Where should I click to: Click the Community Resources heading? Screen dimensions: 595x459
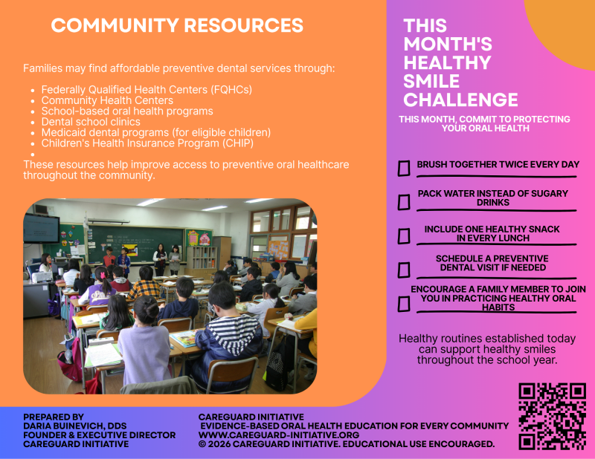[x=177, y=25]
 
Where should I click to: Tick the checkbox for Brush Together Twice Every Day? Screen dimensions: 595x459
[x=404, y=169]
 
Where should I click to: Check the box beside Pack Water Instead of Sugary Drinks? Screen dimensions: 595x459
[x=404, y=202]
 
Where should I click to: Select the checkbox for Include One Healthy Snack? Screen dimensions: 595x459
[x=404, y=236]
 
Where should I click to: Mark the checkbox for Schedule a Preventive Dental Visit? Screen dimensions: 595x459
[x=404, y=270]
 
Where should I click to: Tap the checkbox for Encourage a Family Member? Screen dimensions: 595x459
[x=404, y=304]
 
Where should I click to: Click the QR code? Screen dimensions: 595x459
[x=552, y=417]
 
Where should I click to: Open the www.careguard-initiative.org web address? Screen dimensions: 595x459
[x=279, y=434]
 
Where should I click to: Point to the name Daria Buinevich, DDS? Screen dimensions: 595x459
[x=75, y=426]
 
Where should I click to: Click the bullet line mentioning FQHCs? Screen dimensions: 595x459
[x=147, y=90]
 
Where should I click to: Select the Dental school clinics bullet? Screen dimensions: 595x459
[x=91, y=122]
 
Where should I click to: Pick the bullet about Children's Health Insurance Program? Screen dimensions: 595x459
[x=147, y=143]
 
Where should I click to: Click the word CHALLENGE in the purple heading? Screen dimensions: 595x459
[x=460, y=100]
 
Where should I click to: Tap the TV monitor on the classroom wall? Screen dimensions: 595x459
[x=42, y=229]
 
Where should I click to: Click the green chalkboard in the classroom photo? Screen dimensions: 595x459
[x=136, y=243]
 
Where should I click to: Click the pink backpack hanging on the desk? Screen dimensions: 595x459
[x=71, y=361]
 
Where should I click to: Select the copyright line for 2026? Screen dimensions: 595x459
[x=347, y=444]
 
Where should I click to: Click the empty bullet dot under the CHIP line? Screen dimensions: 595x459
[x=33, y=154]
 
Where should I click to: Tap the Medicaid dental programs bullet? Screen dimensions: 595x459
[x=156, y=133]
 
